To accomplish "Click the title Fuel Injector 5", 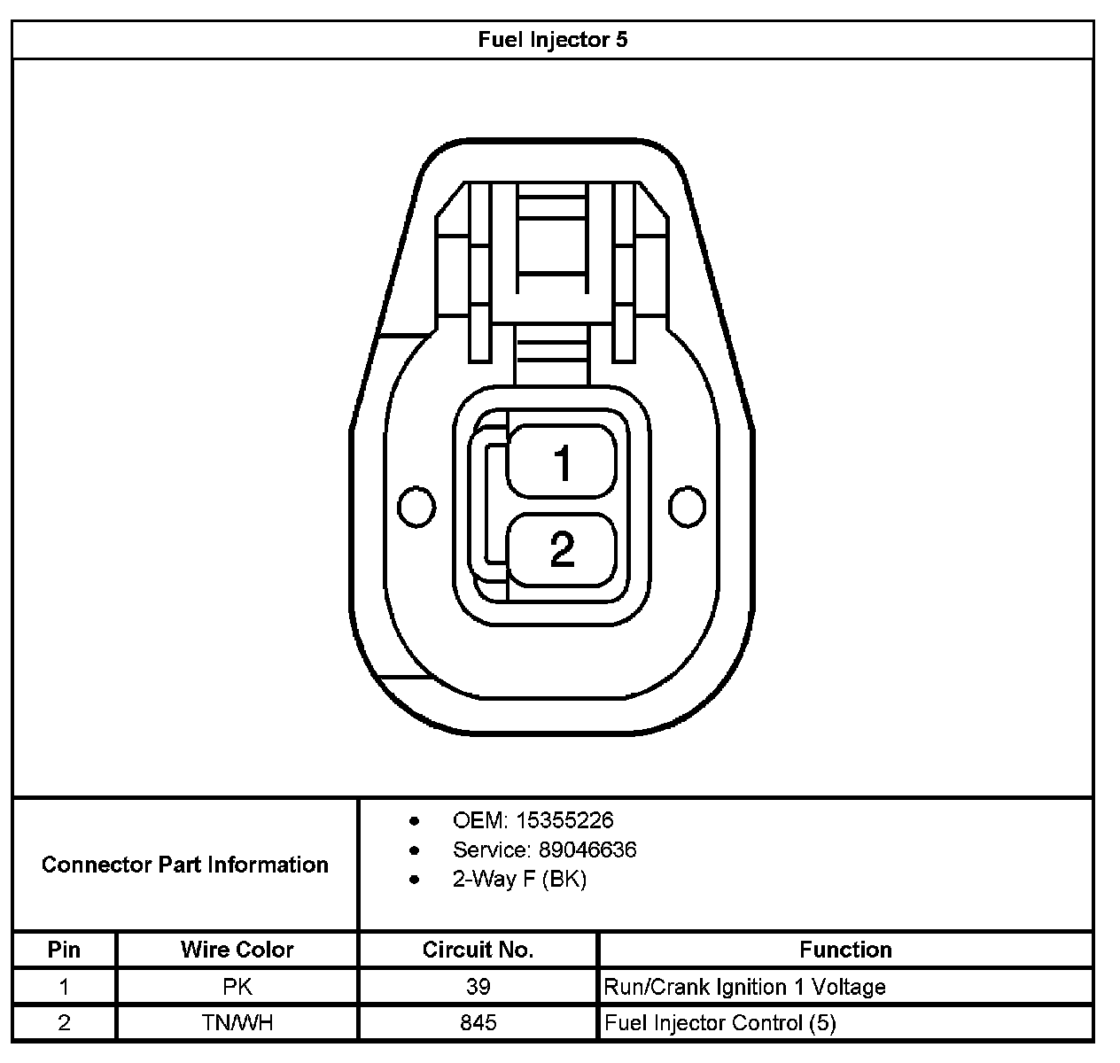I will pyautogui.click(x=552, y=40).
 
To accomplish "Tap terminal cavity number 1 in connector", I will pyautogui.click(x=562, y=462).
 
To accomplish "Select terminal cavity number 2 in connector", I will pyautogui.click(x=562, y=549).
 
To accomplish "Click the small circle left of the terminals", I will pyautogui.click(x=416, y=507).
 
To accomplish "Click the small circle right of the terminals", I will pyautogui.click(x=688, y=507).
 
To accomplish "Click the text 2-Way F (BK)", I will pyautogui.click(x=519, y=879).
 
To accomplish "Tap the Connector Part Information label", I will pyautogui.click(x=185, y=865).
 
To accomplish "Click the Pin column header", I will pyautogui.click(x=64, y=950).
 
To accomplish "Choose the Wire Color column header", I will pyautogui.click(x=237, y=950).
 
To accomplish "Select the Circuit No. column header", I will pyautogui.click(x=478, y=950).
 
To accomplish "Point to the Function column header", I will pyautogui.click(x=845, y=950).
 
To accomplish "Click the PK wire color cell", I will pyautogui.click(x=237, y=987).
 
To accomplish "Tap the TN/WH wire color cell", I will pyautogui.click(x=237, y=1023).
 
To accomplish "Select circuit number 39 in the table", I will pyautogui.click(x=478, y=987).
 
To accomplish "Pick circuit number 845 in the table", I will pyautogui.click(x=478, y=1023).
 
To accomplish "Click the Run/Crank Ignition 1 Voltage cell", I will pyautogui.click(x=744, y=987).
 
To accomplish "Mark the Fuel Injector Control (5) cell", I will pyautogui.click(x=719, y=1023).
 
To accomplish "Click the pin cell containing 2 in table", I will pyautogui.click(x=64, y=1023).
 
